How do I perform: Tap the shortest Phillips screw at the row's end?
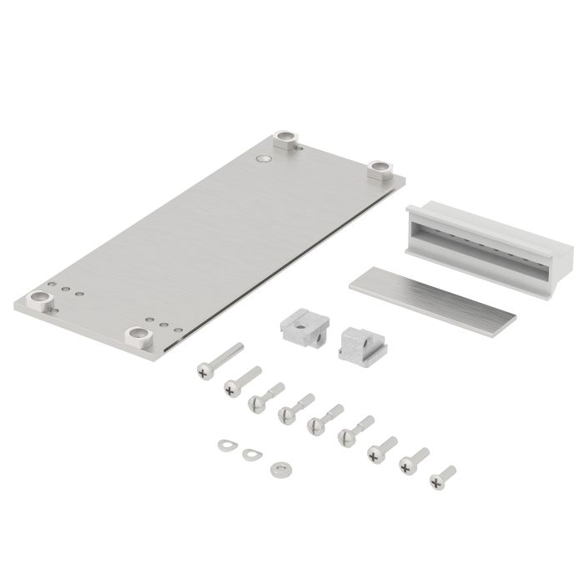click(443, 476)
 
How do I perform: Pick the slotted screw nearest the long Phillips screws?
click(266, 395)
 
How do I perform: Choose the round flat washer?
click(278, 469)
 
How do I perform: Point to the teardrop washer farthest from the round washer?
click(225, 444)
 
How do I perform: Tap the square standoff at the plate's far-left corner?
click(39, 300)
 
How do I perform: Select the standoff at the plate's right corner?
click(382, 170)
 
